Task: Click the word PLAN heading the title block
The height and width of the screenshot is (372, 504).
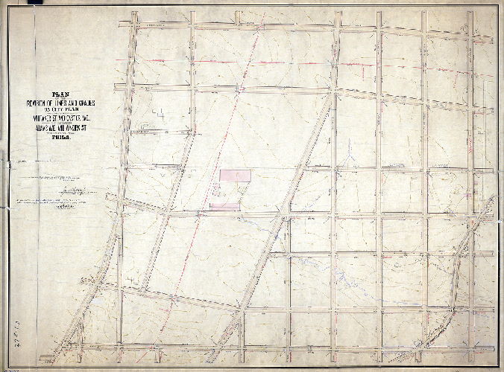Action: pyautogui.click(x=57, y=94)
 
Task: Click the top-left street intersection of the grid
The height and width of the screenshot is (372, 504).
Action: pyautogui.click(x=133, y=27)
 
